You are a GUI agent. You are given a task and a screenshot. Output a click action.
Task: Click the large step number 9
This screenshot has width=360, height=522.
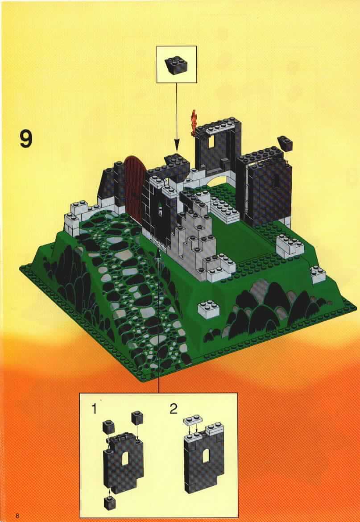click(26, 139)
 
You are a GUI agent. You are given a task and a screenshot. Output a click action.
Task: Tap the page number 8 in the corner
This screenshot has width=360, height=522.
click(18, 516)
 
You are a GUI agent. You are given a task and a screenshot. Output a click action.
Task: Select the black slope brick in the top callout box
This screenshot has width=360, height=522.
click(177, 65)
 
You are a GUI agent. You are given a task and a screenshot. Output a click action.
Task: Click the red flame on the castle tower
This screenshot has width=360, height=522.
click(194, 123)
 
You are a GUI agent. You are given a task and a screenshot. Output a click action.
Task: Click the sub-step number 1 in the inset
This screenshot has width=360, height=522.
click(95, 409)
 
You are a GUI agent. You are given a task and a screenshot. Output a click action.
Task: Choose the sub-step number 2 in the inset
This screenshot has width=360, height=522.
click(174, 409)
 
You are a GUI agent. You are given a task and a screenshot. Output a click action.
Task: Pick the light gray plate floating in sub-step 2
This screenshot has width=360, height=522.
click(193, 421)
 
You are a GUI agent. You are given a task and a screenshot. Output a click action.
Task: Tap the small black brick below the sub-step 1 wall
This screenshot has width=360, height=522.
click(109, 503)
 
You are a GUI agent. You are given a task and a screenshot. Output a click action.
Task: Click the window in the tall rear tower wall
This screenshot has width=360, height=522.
click(211, 142)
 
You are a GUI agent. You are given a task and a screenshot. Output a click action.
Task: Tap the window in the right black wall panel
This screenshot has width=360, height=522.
click(277, 180)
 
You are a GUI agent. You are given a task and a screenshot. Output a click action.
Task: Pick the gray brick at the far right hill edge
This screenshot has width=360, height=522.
click(318, 274)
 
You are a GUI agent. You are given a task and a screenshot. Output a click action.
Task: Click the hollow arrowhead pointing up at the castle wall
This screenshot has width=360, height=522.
click(159, 254)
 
